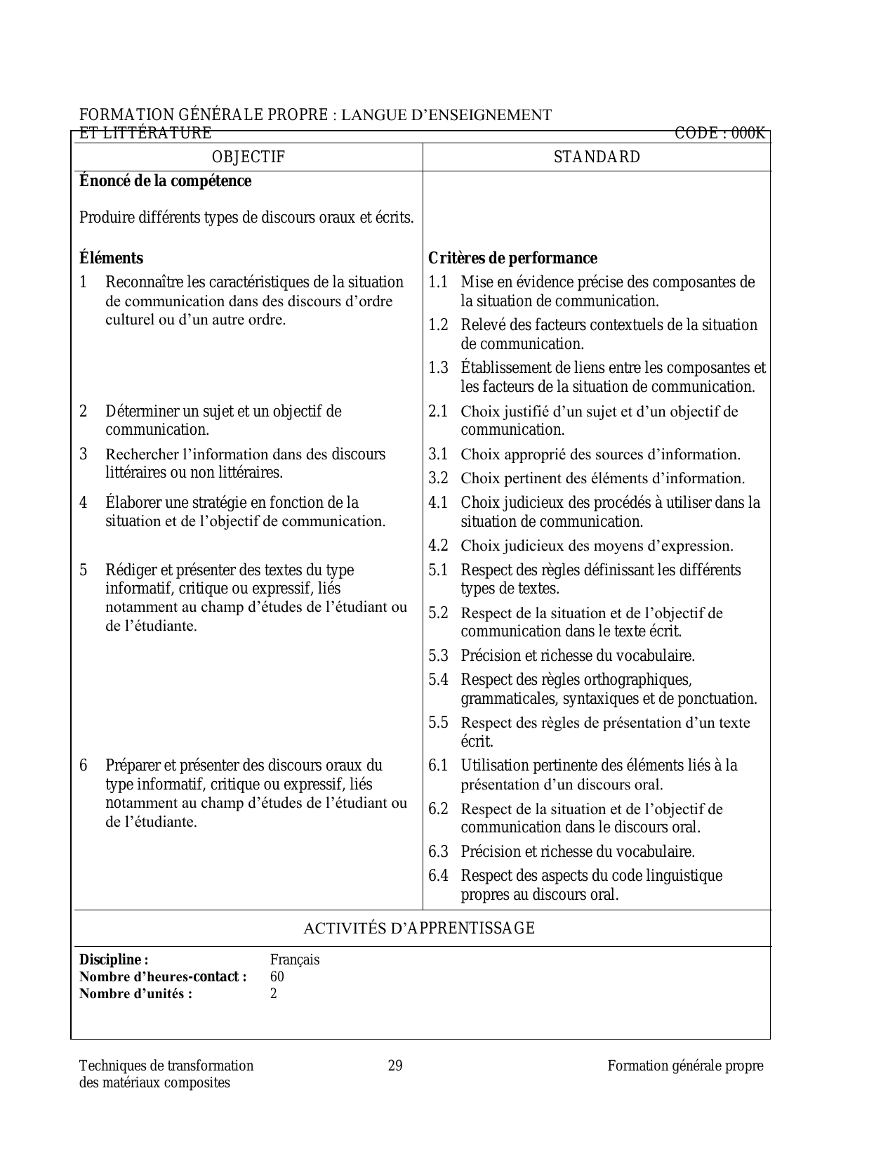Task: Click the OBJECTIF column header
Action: (x=248, y=157)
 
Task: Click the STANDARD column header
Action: (x=597, y=157)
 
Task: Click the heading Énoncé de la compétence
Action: (x=165, y=181)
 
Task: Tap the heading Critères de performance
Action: (x=512, y=258)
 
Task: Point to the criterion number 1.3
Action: (x=438, y=368)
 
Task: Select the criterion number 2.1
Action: (x=438, y=412)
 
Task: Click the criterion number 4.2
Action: (x=438, y=546)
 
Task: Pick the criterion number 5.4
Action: (x=438, y=680)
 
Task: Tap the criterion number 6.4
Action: (x=438, y=876)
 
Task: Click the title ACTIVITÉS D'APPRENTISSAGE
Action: (x=419, y=929)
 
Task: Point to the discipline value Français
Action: (x=295, y=960)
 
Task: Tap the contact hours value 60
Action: (x=277, y=977)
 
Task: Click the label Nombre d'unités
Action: (x=135, y=994)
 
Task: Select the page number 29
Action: (x=395, y=1066)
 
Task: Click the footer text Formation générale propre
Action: (x=685, y=1066)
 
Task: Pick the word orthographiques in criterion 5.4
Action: (x=637, y=680)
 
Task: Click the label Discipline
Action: (x=114, y=960)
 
